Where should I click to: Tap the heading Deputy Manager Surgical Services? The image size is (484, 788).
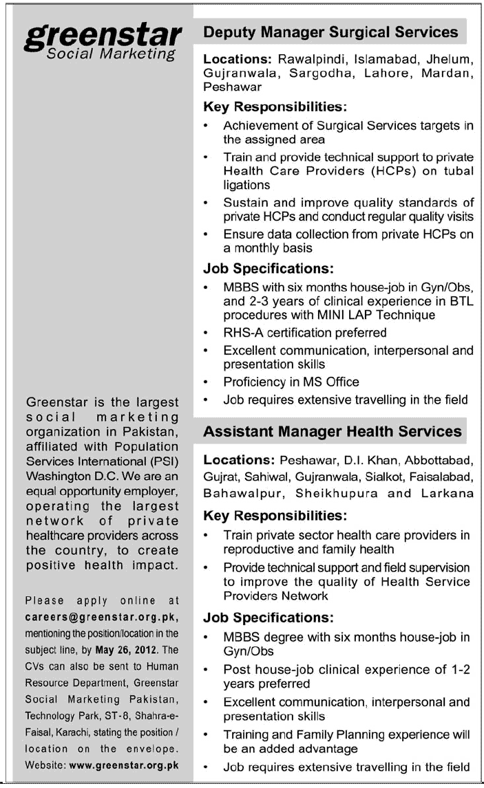point(330,32)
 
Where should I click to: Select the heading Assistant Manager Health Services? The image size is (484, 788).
point(333,431)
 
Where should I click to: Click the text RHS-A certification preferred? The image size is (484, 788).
point(304,332)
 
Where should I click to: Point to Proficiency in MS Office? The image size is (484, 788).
point(291,382)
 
